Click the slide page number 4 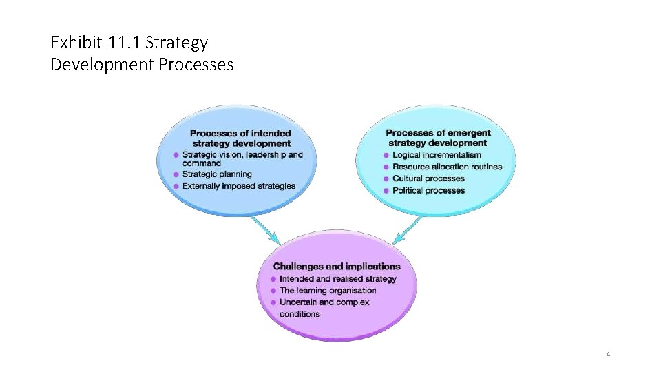[x=608, y=355]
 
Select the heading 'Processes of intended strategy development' [x=240, y=138]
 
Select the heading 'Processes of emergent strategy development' [x=438, y=138]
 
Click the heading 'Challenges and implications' [x=337, y=266]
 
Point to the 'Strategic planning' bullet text [x=217, y=174]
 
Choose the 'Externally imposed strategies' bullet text [x=239, y=186]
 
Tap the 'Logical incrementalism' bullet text [x=437, y=155]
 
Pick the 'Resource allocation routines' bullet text [x=447, y=167]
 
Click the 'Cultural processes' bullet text [x=428, y=178]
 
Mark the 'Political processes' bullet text [x=428, y=190]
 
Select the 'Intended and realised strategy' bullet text [x=337, y=278]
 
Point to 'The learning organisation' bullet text [x=328, y=291]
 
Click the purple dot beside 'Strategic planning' [x=176, y=175]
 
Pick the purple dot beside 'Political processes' [x=386, y=191]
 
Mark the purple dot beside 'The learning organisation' [x=273, y=291]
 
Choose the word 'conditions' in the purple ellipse [x=300, y=314]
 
